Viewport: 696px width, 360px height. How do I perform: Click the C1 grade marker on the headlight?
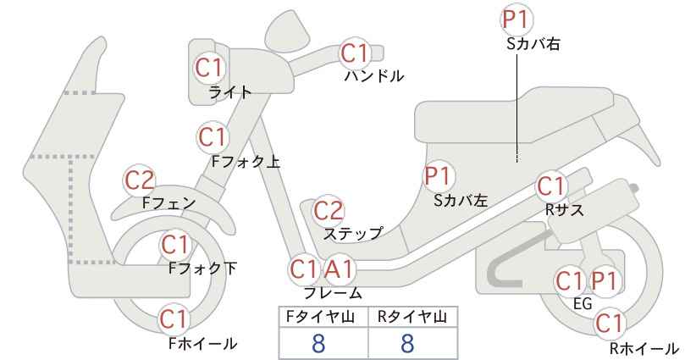pyautogui.click(x=209, y=68)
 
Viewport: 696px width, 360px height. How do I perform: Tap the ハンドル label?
pyautogui.click(x=374, y=76)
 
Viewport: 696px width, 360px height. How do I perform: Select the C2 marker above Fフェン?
pyautogui.click(x=140, y=180)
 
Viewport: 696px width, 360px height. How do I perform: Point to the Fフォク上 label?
pyautogui.click(x=246, y=162)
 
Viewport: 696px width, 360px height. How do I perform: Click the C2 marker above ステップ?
pyautogui.click(x=329, y=211)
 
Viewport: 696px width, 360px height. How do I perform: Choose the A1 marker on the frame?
pyautogui.click(x=339, y=269)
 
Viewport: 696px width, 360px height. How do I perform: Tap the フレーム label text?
pyautogui.click(x=333, y=293)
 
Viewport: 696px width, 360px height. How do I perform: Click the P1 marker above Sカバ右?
pyautogui.click(x=516, y=20)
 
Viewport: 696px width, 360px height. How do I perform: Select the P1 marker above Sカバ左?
pyautogui.click(x=438, y=176)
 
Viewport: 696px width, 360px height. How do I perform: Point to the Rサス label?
pyautogui.click(x=564, y=210)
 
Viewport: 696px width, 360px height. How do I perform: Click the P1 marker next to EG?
pyautogui.click(x=605, y=281)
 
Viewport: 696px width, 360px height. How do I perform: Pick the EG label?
pyautogui.click(x=583, y=304)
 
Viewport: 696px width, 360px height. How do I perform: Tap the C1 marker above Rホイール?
pyautogui.click(x=609, y=324)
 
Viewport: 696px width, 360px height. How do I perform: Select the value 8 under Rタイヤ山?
pyautogui.click(x=407, y=343)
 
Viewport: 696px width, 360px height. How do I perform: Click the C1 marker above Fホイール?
pyautogui.click(x=174, y=319)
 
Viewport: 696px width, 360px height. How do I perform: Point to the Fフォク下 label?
pyautogui.click(x=202, y=269)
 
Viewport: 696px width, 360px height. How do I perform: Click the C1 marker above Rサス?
pyautogui.click(x=551, y=187)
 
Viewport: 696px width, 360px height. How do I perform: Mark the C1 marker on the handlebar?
pyautogui.click(x=355, y=53)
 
